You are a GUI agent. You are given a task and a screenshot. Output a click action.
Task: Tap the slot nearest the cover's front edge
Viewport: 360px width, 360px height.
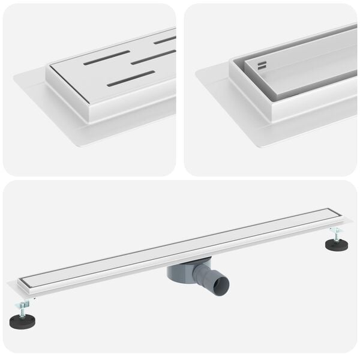pyautogui.click(x=131, y=78)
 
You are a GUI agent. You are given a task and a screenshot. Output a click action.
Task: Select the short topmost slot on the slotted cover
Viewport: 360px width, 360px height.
pyautogui.click(x=164, y=40)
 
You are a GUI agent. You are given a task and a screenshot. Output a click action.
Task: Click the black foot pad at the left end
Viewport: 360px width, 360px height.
pyautogui.click(x=22, y=322)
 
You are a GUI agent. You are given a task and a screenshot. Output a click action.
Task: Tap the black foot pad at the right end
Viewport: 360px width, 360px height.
pyautogui.click(x=337, y=244)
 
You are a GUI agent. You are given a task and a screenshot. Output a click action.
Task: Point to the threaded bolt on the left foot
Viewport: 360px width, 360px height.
pyautogui.click(x=22, y=308)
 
